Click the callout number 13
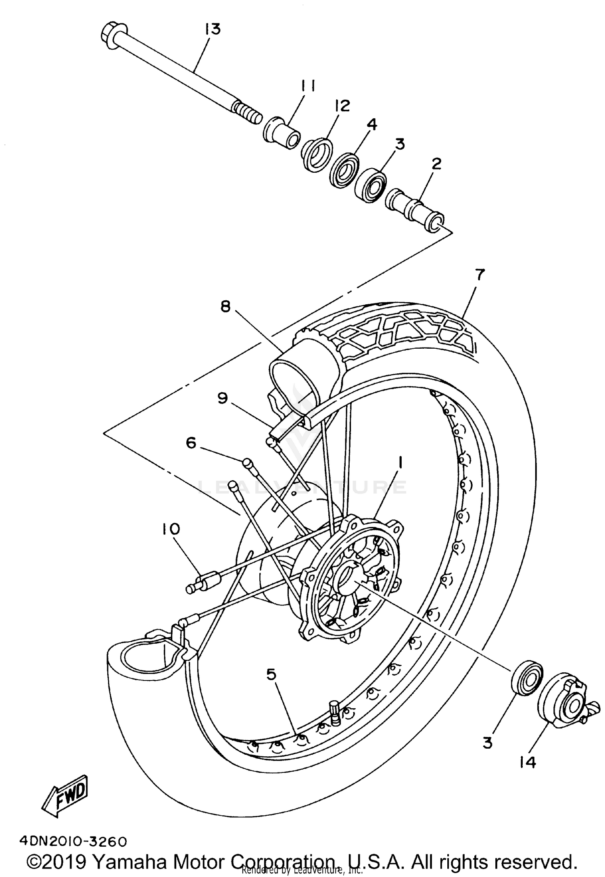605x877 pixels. click(x=213, y=29)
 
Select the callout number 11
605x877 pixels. click(x=307, y=86)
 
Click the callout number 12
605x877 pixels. click(x=341, y=106)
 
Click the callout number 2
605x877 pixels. click(x=436, y=163)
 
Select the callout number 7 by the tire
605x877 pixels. click(x=479, y=275)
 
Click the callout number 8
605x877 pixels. click(x=225, y=307)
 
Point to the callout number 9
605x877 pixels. click(x=223, y=398)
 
